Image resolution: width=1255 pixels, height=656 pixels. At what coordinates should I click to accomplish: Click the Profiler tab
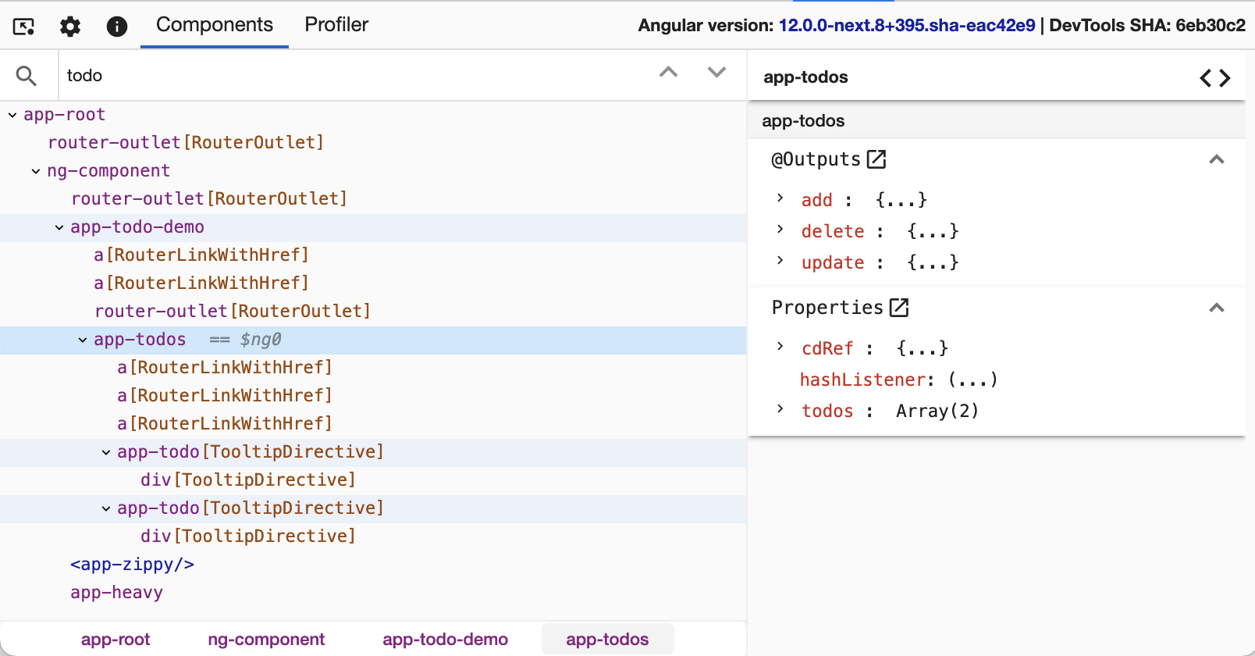pyautogui.click(x=336, y=25)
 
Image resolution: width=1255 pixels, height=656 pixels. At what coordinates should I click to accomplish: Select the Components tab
pyautogui.click(x=214, y=25)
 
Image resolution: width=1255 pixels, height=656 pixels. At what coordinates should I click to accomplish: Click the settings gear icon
pyautogui.click(x=70, y=27)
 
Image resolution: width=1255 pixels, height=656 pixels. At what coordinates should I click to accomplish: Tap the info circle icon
pyautogui.click(x=116, y=27)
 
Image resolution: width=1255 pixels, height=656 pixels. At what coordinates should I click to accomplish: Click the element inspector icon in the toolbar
pyautogui.click(x=23, y=27)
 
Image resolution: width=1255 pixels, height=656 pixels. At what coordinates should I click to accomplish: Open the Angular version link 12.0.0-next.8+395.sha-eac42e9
pyautogui.click(x=906, y=25)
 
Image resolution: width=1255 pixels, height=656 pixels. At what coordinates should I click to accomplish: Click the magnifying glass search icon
pyautogui.click(x=27, y=76)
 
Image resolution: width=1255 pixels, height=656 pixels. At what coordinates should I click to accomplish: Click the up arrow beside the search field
pyautogui.click(x=668, y=73)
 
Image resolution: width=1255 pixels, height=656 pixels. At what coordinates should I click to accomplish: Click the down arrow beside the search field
pyautogui.click(x=716, y=73)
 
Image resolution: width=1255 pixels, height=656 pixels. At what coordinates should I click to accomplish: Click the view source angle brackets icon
pyautogui.click(x=1215, y=77)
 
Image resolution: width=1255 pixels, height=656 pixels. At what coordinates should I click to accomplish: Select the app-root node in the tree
pyautogui.click(x=65, y=114)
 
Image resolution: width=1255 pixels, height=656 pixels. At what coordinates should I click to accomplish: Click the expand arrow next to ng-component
pyautogui.click(x=36, y=171)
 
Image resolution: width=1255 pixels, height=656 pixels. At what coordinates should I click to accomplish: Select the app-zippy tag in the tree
pyautogui.click(x=132, y=564)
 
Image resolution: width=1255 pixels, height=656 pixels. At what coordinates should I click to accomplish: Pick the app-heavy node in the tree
pyautogui.click(x=116, y=593)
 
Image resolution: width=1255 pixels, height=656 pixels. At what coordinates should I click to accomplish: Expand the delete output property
pyautogui.click(x=780, y=230)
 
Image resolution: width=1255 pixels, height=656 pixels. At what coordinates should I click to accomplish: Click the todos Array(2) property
pyautogui.click(x=890, y=411)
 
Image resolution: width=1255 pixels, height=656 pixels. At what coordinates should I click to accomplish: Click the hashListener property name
pyautogui.click(x=863, y=380)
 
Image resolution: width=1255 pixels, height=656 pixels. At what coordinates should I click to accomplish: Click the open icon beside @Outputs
pyautogui.click(x=876, y=159)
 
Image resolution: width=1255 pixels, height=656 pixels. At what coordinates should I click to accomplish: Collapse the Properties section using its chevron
pyautogui.click(x=1216, y=308)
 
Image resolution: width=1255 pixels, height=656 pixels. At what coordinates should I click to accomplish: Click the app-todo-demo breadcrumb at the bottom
pyautogui.click(x=445, y=639)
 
